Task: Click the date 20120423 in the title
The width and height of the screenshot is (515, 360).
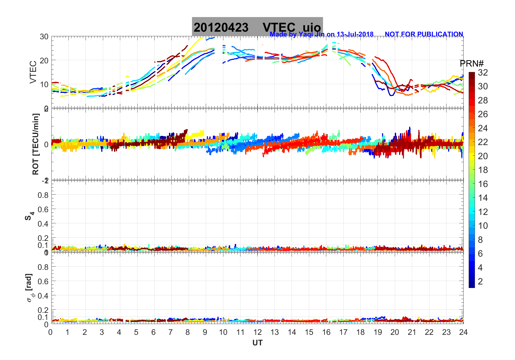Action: (x=221, y=27)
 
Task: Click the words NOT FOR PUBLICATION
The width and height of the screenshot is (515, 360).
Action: (x=424, y=34)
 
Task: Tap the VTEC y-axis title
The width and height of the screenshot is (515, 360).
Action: (x=33, y=72)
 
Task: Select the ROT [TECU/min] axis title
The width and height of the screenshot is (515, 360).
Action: (x=35, y=144)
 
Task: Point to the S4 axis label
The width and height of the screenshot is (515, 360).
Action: (x=29, y=216)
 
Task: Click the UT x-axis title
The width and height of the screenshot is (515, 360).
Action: (x=257, y=343)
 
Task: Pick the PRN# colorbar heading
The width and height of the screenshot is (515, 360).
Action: (x=471, y=64)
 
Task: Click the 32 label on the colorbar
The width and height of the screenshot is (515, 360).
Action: (x=483, y=73)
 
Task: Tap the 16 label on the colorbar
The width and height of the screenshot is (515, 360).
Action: (x=483, y=184)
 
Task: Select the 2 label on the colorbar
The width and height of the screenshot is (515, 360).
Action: (x=480, y=282)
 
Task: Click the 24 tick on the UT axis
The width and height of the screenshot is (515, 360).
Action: (x=463, y=332)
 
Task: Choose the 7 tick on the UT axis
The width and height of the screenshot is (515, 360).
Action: (x=171, y=332)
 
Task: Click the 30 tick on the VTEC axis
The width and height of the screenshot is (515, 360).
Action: (x=44, y=37)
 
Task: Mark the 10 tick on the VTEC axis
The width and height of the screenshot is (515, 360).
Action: (x=44, y=84)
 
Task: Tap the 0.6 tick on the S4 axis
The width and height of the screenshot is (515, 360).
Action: (x=43, y=209)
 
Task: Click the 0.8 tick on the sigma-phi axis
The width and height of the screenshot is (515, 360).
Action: (x=43, y=267)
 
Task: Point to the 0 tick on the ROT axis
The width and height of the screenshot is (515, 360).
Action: (x=46, y=145)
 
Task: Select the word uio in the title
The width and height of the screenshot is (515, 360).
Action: (x=312, y=27)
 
